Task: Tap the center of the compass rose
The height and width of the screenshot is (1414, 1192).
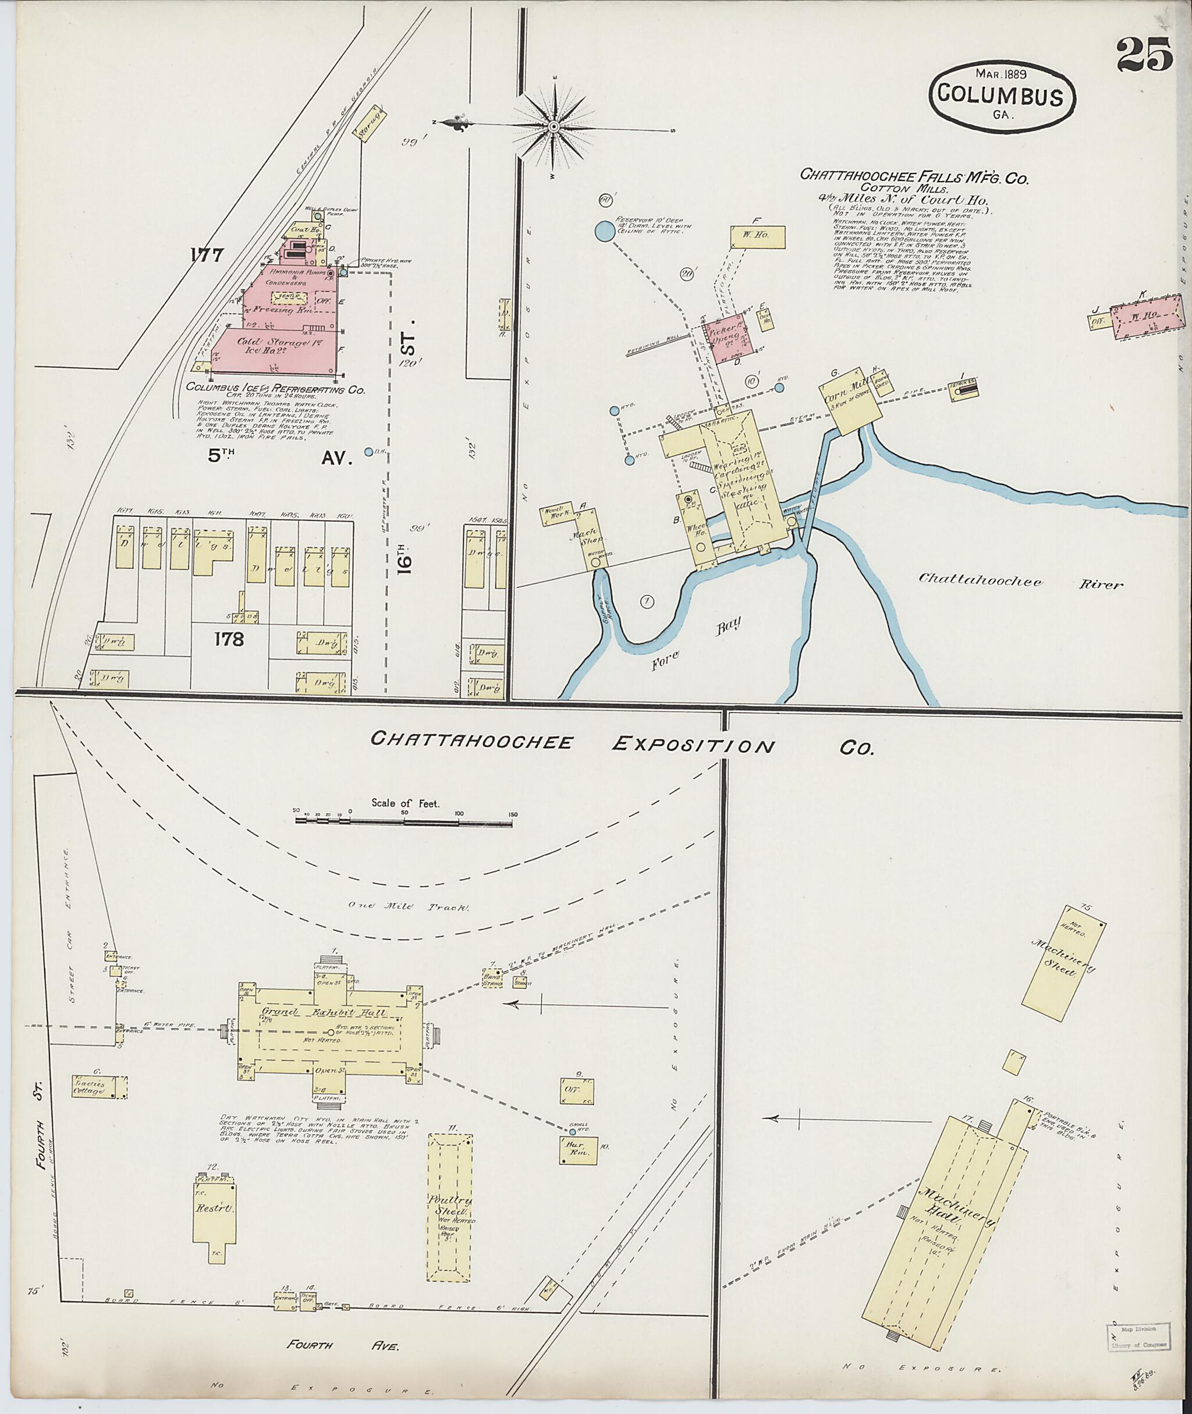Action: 554,126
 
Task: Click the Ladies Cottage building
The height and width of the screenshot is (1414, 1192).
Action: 100,1087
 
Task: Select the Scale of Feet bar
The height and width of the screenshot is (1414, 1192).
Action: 404,821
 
